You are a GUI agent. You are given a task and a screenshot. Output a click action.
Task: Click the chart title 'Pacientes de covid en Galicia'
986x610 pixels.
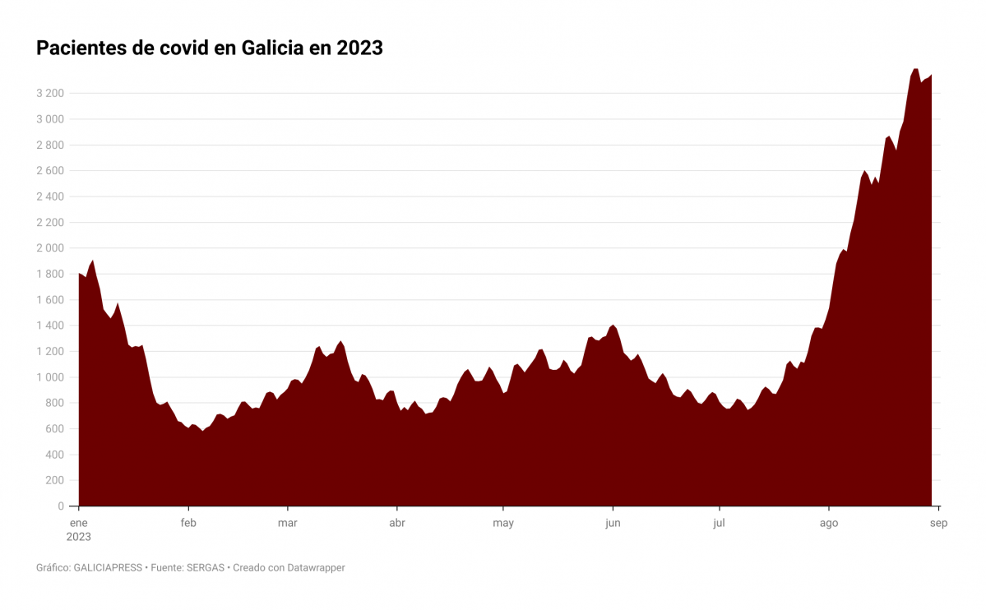click(210, 49)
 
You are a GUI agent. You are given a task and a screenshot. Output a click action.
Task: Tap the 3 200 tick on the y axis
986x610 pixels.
click(50, 94)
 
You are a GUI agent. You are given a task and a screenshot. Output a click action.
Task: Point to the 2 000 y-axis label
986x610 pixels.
click(50, 248)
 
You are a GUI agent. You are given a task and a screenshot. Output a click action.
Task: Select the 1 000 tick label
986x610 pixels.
click(50, 377)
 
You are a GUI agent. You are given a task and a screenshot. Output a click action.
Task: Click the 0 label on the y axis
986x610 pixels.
click(61, 506)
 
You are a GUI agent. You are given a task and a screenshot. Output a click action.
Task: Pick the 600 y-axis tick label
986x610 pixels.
click(54, 429)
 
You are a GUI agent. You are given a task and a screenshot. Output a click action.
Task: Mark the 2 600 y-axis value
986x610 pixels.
click(50, 171)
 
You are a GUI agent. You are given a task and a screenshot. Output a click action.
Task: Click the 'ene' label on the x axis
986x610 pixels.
click(79, 523)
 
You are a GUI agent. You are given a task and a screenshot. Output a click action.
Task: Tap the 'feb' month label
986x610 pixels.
click(188, 523)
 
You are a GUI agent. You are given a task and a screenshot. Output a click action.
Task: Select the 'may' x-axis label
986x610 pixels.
click(503, 523)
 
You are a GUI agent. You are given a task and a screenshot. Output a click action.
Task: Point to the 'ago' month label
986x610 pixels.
click(829, 523)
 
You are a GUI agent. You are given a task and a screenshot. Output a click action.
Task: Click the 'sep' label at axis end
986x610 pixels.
click(939, 523)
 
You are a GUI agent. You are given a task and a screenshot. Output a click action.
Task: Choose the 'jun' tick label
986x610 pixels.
click(612, 523)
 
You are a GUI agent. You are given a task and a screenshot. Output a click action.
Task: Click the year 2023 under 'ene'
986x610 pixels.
click(79, 537)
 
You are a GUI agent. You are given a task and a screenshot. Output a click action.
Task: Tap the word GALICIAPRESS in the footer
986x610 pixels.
click(108, 568)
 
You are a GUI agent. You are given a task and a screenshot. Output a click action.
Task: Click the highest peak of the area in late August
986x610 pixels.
click(916, 70)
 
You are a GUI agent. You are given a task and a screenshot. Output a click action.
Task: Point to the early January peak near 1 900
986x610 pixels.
click(92, 261)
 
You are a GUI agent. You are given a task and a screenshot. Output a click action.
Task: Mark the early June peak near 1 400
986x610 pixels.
click(613, 326)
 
